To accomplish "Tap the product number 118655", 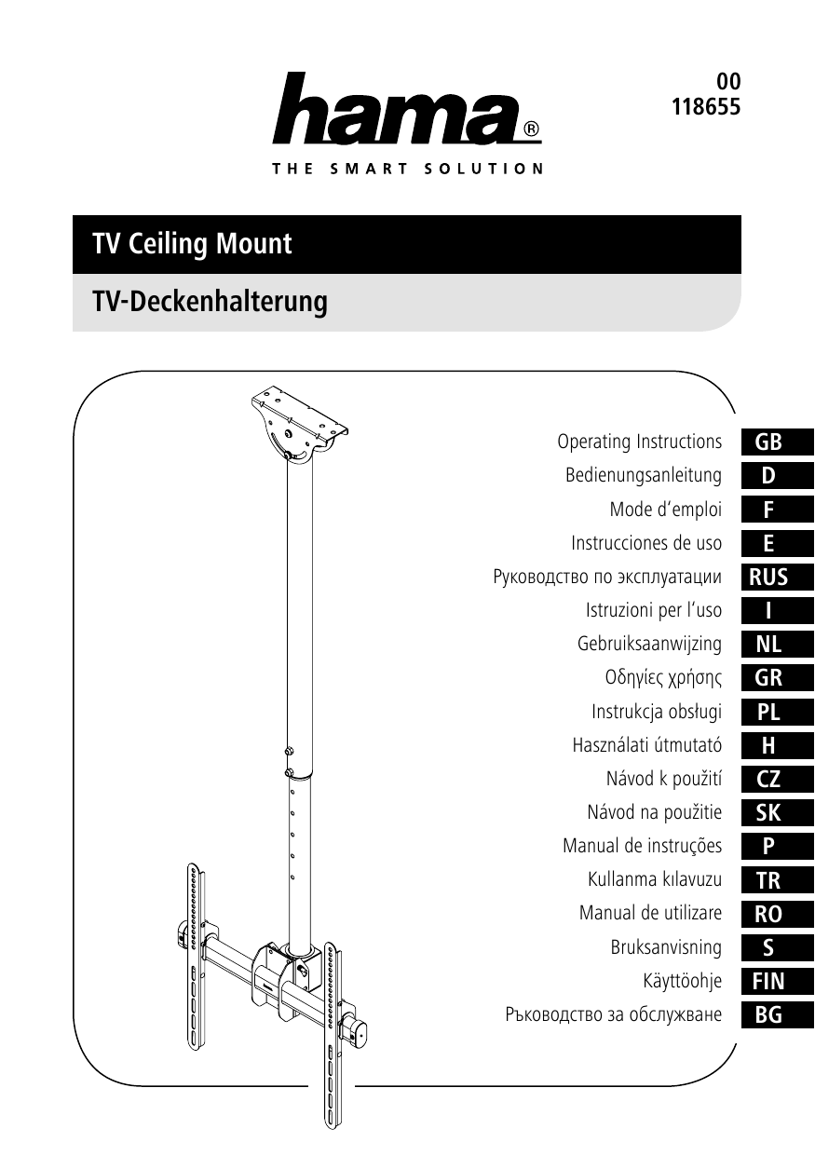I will [x=706, y=106].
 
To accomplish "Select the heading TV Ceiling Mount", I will [x=192, y=244].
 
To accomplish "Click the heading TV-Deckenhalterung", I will [x=210, y=302].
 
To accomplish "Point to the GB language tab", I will [x=768, y=442].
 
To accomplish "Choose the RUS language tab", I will [x=768, y=577].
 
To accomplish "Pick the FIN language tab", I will [x=768, y=981].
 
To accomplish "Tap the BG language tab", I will [x=768, y=1014].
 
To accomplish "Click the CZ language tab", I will [x=768, y=779].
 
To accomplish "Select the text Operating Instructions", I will [x=639, y=441].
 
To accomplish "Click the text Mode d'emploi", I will [x=665, y=510].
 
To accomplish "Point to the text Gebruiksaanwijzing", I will [x=649, y=644].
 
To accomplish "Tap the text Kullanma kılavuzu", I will [x=655, y=879].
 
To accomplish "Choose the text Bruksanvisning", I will [x=666, y=947].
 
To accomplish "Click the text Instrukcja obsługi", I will [x=657, y=712].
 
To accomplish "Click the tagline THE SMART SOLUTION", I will [x=408, y=169].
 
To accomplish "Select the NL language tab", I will [x=768, y=644].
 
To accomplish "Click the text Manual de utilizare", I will [x=650, y=913].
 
